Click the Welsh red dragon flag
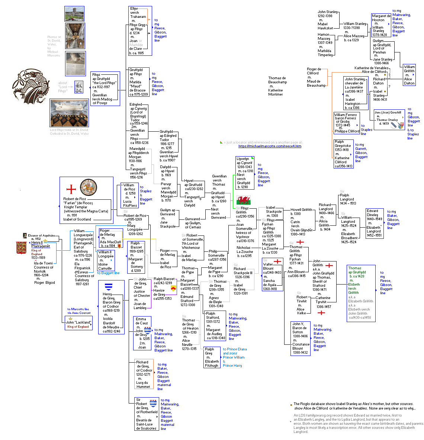(244, 200)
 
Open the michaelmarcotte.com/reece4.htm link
(270, 146)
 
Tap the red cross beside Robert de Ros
(71, 189)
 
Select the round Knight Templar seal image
(89, 187)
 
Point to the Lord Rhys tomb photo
(69, 113)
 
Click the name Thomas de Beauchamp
(277, 80)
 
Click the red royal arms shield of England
(21, 248)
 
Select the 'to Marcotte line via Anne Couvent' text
(79, 311)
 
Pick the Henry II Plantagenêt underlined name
(40, 244)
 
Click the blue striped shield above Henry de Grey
(109, 287)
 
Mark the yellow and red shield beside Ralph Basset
(173, 288)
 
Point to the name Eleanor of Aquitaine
(41, 235)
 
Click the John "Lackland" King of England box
(78, 323)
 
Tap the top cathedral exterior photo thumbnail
(74, 14)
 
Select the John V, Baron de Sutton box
(301, 338)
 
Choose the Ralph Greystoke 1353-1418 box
(343, 154)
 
